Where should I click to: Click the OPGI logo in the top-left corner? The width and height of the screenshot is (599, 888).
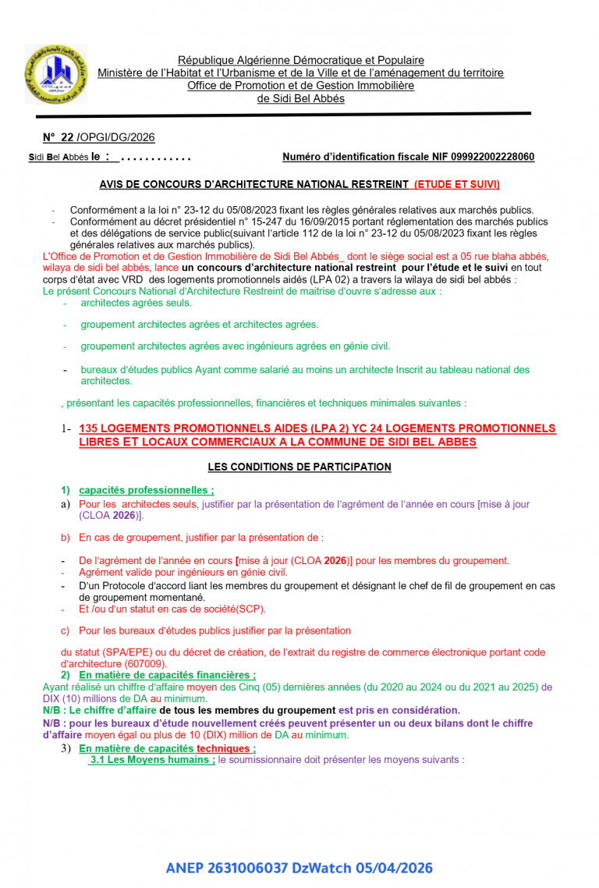pyautogui.click(x=57, y=75)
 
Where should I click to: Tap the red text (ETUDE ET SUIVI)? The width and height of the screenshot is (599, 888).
pyautogui.click(x=456, y=185)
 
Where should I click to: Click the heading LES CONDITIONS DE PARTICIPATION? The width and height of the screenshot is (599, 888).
pyautogui.click(x=299, y=467)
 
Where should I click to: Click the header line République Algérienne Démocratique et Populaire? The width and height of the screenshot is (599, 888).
pyautogui.click(x=301, y=60)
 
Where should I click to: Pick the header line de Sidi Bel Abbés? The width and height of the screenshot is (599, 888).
pyautogui.click(x=301, y=98)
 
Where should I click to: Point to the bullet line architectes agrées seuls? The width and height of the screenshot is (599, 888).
pyautogui.click(x=136, y=303)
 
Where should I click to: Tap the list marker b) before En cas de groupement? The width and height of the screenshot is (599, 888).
pyautogui.click(x=66, y=538)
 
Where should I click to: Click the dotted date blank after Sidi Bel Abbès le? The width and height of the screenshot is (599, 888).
pyautogui.click(x=156, y=158)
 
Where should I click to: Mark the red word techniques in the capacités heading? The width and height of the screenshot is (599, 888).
pyautogui.click(x=225, y=748)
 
